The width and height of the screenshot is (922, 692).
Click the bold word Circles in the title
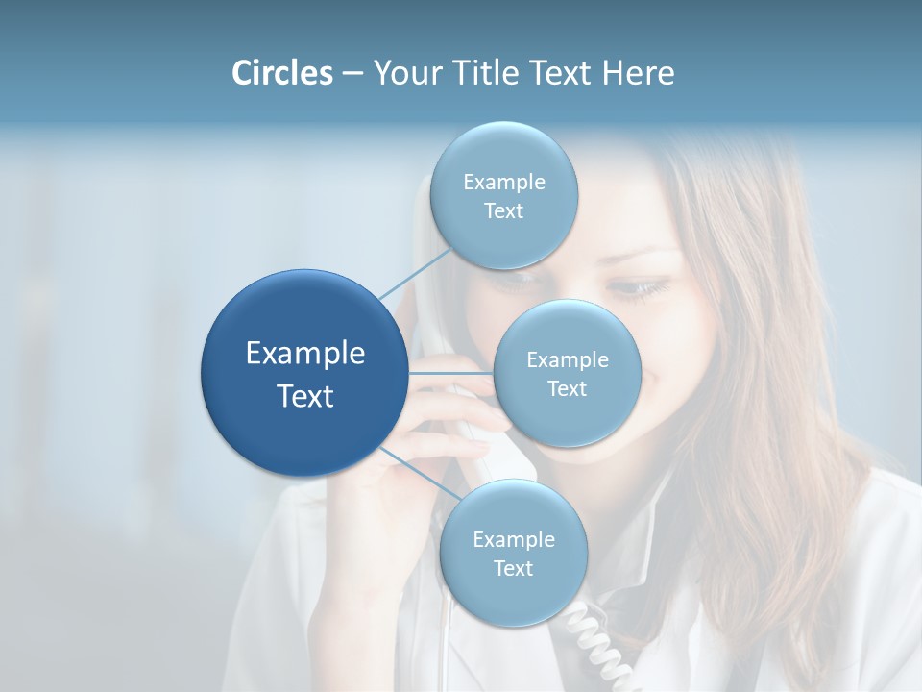pos(282,73)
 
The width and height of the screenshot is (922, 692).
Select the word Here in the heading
pos(638,73)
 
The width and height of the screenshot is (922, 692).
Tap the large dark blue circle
pos(304,373)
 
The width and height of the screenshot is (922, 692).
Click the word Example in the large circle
pos(304,354)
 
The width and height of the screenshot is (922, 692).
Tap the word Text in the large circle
pos(304,396)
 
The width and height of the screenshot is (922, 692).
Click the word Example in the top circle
pos(504,182)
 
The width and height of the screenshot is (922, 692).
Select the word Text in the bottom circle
pos(513,568)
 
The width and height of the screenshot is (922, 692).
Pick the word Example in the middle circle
pos(568,359)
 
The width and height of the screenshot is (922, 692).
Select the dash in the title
pos(352,73)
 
